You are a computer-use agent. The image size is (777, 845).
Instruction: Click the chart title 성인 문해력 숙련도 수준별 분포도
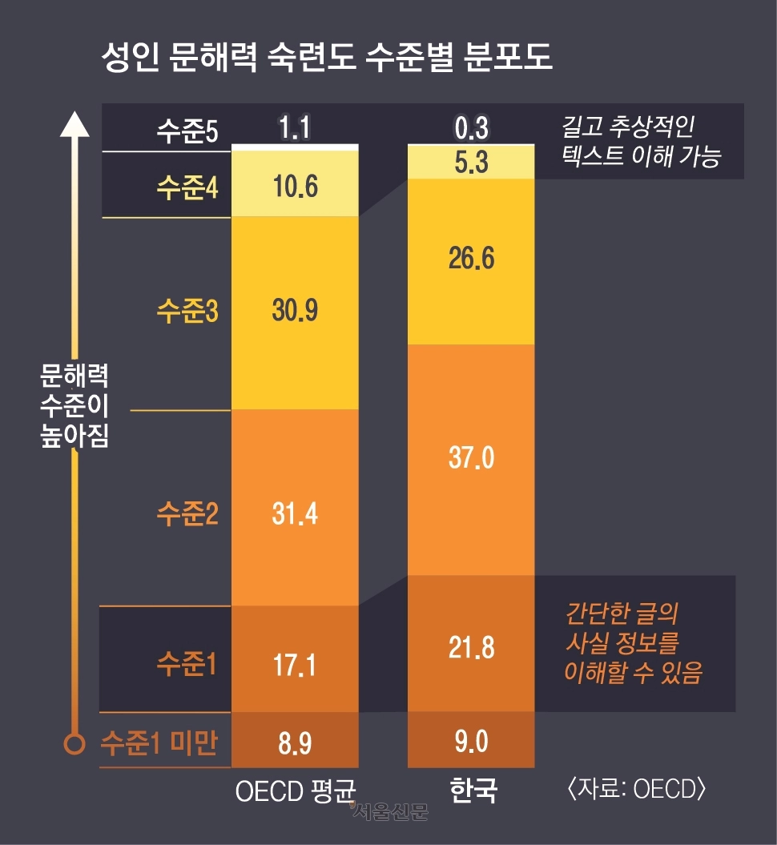point(327,58)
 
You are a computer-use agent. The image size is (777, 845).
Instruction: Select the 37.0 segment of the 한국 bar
point(471,458)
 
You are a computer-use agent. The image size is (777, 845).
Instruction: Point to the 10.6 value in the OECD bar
point(294,187)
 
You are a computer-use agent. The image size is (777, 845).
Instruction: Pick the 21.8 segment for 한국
point(471,646)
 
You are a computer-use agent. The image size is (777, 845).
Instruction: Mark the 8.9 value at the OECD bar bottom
point(294,743)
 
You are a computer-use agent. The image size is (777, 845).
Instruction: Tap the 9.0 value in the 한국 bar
point(471,742)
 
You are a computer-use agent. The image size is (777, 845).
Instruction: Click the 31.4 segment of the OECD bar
point(294,513)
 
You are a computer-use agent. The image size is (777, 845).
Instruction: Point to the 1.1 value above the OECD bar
point(294,128)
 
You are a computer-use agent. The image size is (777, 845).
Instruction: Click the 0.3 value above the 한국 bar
point(471,128)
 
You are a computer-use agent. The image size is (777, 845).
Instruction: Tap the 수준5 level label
point(187,131)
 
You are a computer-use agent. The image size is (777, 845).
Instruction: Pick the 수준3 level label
point(187,311)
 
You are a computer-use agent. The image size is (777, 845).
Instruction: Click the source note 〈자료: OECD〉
point(636,789)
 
